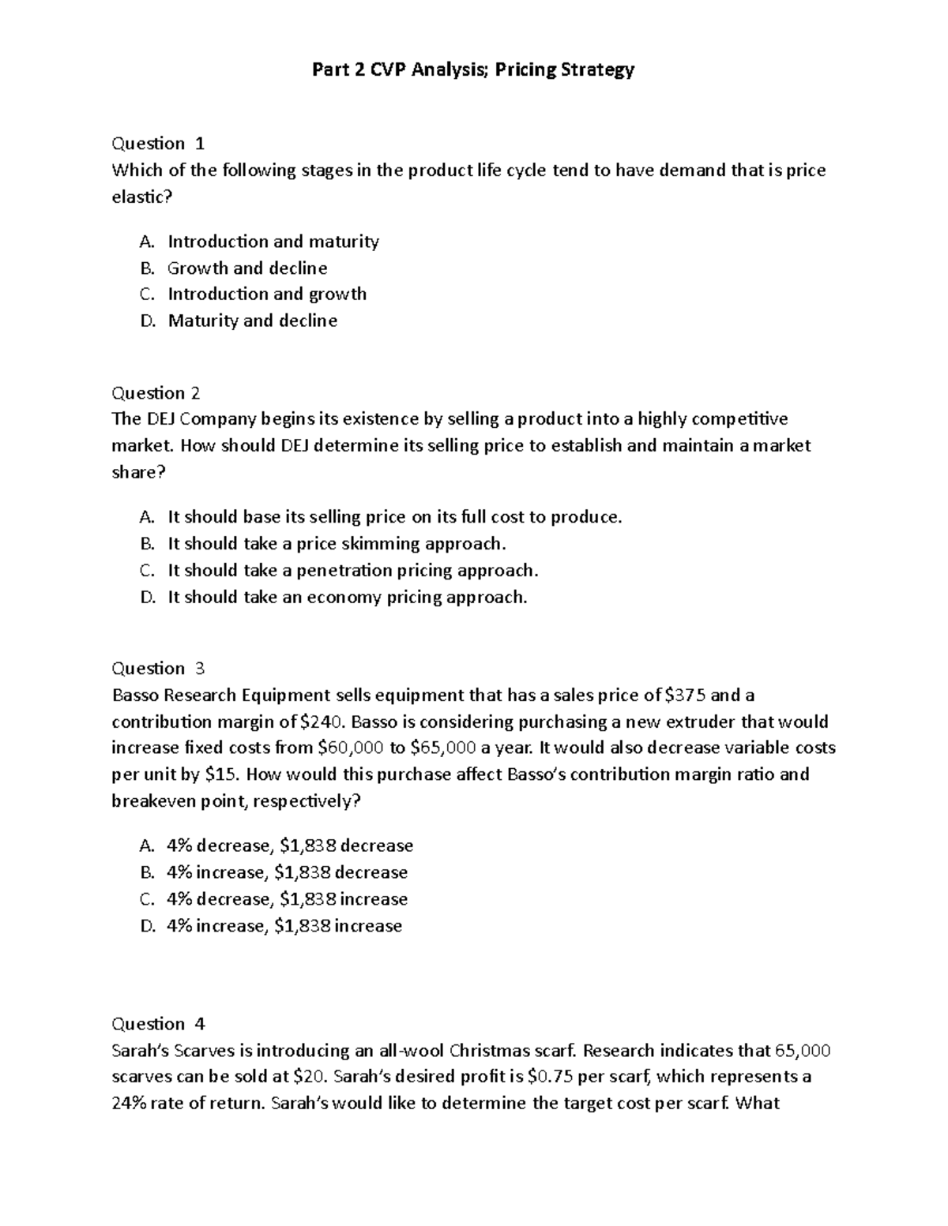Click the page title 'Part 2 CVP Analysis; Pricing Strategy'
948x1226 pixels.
473,70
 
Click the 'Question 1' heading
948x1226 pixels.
158,144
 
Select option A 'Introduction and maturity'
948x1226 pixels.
273,242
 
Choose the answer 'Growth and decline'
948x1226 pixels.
247,268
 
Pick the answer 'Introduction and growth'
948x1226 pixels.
267,294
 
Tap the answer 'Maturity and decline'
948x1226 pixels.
252,321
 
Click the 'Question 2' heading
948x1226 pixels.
156,393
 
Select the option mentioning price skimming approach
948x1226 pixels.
337,544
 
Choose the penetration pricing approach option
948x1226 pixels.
352,571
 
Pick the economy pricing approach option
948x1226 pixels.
347,598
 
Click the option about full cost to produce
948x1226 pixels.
395,517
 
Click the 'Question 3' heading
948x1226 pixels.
158,669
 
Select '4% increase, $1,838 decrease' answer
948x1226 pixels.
288,873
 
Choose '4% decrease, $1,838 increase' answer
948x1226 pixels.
288,900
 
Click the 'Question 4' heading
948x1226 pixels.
158,1024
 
